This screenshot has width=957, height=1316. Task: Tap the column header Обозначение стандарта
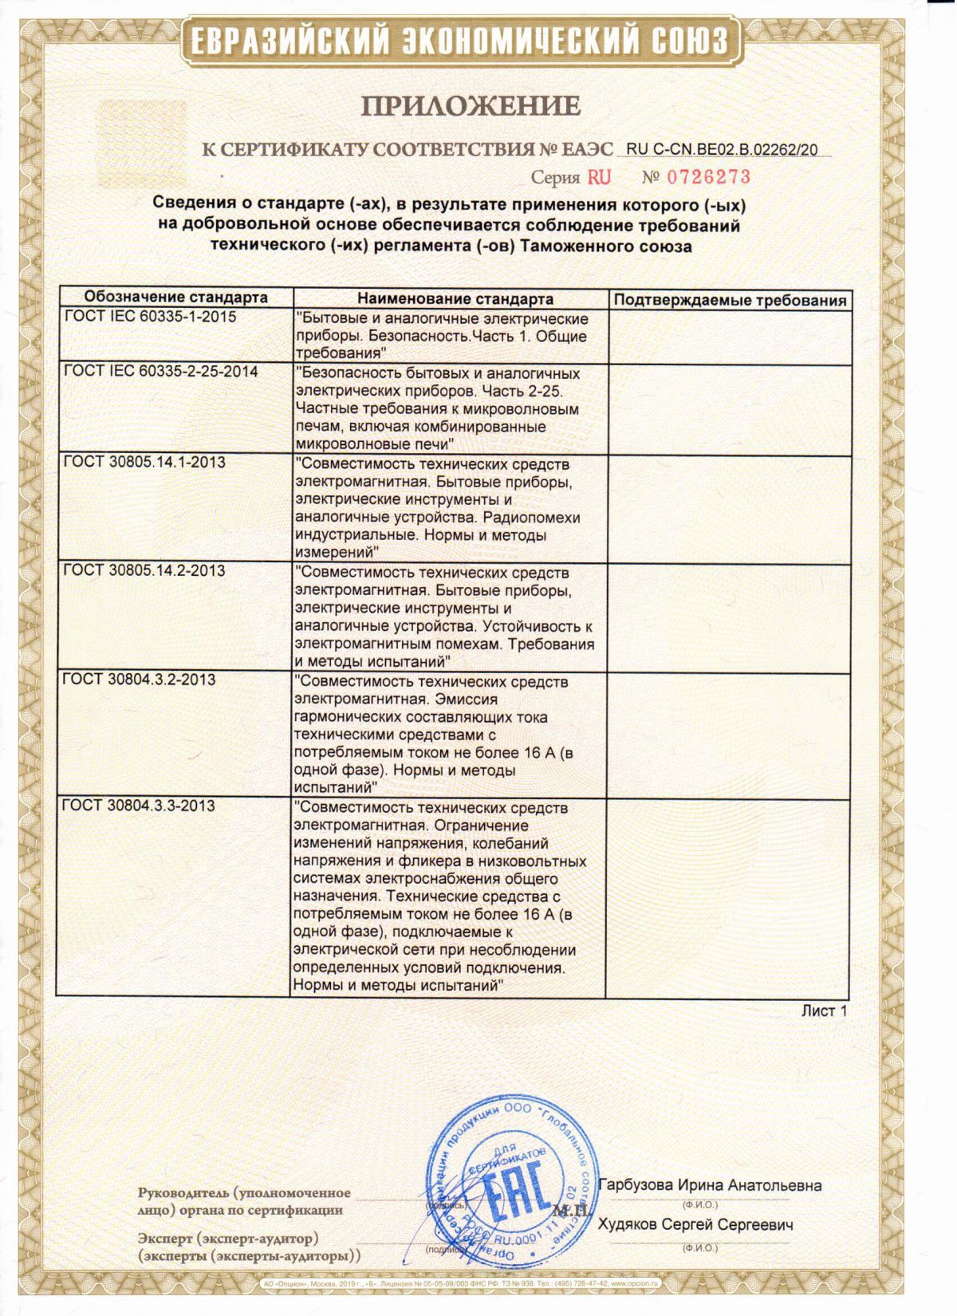[176, 298]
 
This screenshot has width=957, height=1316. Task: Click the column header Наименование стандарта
[455, 299]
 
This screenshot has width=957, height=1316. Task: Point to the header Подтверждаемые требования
[730, 301]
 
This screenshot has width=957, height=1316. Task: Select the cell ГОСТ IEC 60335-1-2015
[149, 317]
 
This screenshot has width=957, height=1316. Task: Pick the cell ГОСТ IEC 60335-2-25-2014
[160, 372]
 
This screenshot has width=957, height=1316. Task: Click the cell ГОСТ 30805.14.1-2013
[144, 463]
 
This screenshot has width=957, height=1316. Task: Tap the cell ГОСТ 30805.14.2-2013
[144, 571]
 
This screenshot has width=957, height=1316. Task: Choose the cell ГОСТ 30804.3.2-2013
[139, 680]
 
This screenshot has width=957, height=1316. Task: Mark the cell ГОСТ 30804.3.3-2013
[139, 806]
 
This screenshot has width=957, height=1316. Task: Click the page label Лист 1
[824, 1011]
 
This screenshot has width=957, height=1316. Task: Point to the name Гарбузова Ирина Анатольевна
[710, 1185]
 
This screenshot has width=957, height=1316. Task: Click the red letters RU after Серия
[599, 177]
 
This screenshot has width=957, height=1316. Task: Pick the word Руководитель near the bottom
[181, 1193]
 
